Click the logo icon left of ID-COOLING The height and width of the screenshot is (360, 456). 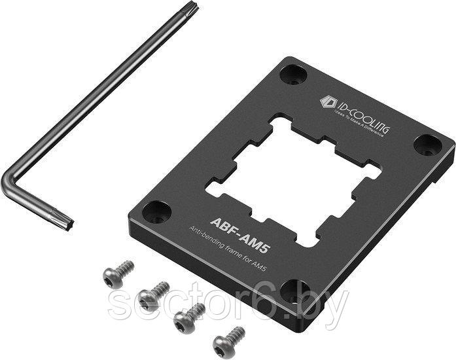point(328,101)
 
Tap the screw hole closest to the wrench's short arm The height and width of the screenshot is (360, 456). point(157,211)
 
